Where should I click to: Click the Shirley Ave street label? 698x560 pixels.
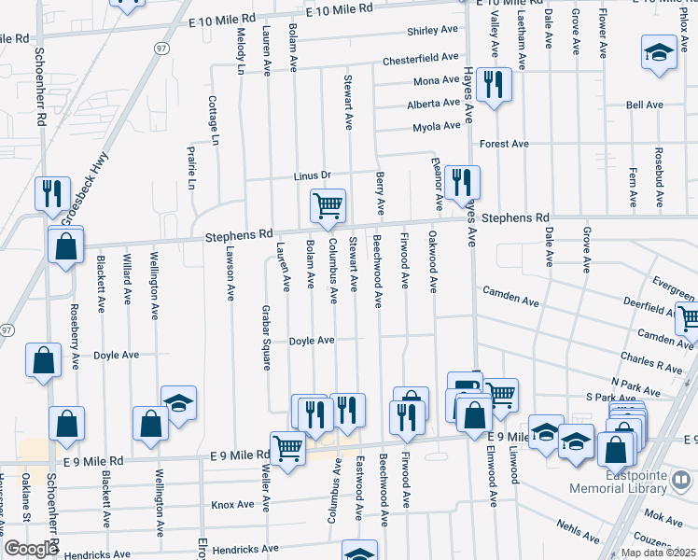coord(432,30)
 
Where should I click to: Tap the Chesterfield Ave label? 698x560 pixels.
coord(420,60)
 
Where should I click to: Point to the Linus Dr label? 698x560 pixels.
coord(313,175)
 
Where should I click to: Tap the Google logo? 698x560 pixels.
coord(30,549)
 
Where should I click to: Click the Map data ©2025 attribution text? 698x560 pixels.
coord(658,553)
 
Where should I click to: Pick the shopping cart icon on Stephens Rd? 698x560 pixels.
coord(328,206)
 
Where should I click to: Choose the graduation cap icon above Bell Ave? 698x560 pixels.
coord(659,53)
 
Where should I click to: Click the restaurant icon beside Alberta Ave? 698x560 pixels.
coord(491,87)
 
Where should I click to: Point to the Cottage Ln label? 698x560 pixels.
coord(214,120)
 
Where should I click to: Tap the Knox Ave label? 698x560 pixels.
coord(232,505)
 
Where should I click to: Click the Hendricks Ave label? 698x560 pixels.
coord(244,550)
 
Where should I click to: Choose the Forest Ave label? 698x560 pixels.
coord(504,144)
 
